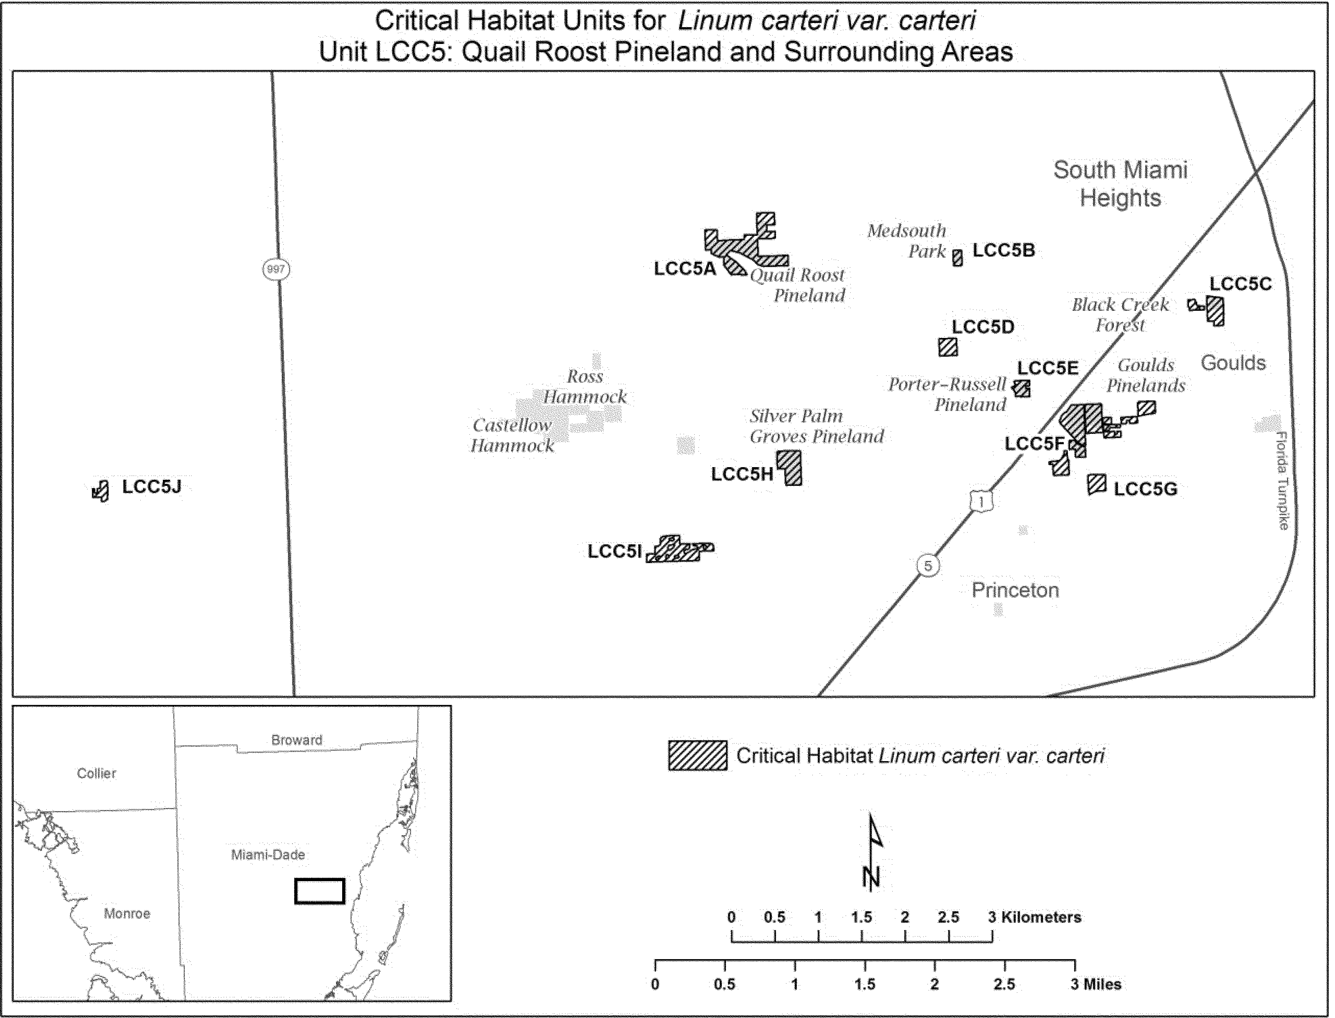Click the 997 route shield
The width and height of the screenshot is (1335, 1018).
276,269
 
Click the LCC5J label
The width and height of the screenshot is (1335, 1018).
151,487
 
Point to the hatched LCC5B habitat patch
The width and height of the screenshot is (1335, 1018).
957,258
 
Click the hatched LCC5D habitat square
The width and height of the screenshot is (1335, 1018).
948,347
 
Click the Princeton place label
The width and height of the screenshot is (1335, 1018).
1015,590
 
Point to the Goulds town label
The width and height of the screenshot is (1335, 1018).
1233,363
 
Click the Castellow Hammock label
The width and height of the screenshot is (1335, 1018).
512,435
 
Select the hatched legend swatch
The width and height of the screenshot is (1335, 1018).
697,755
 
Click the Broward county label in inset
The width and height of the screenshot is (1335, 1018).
296,740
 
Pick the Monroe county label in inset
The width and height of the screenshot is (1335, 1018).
127,913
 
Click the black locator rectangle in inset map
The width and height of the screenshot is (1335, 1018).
319,891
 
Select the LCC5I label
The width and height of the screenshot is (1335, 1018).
614,551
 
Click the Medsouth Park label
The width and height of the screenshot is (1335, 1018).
907,240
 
